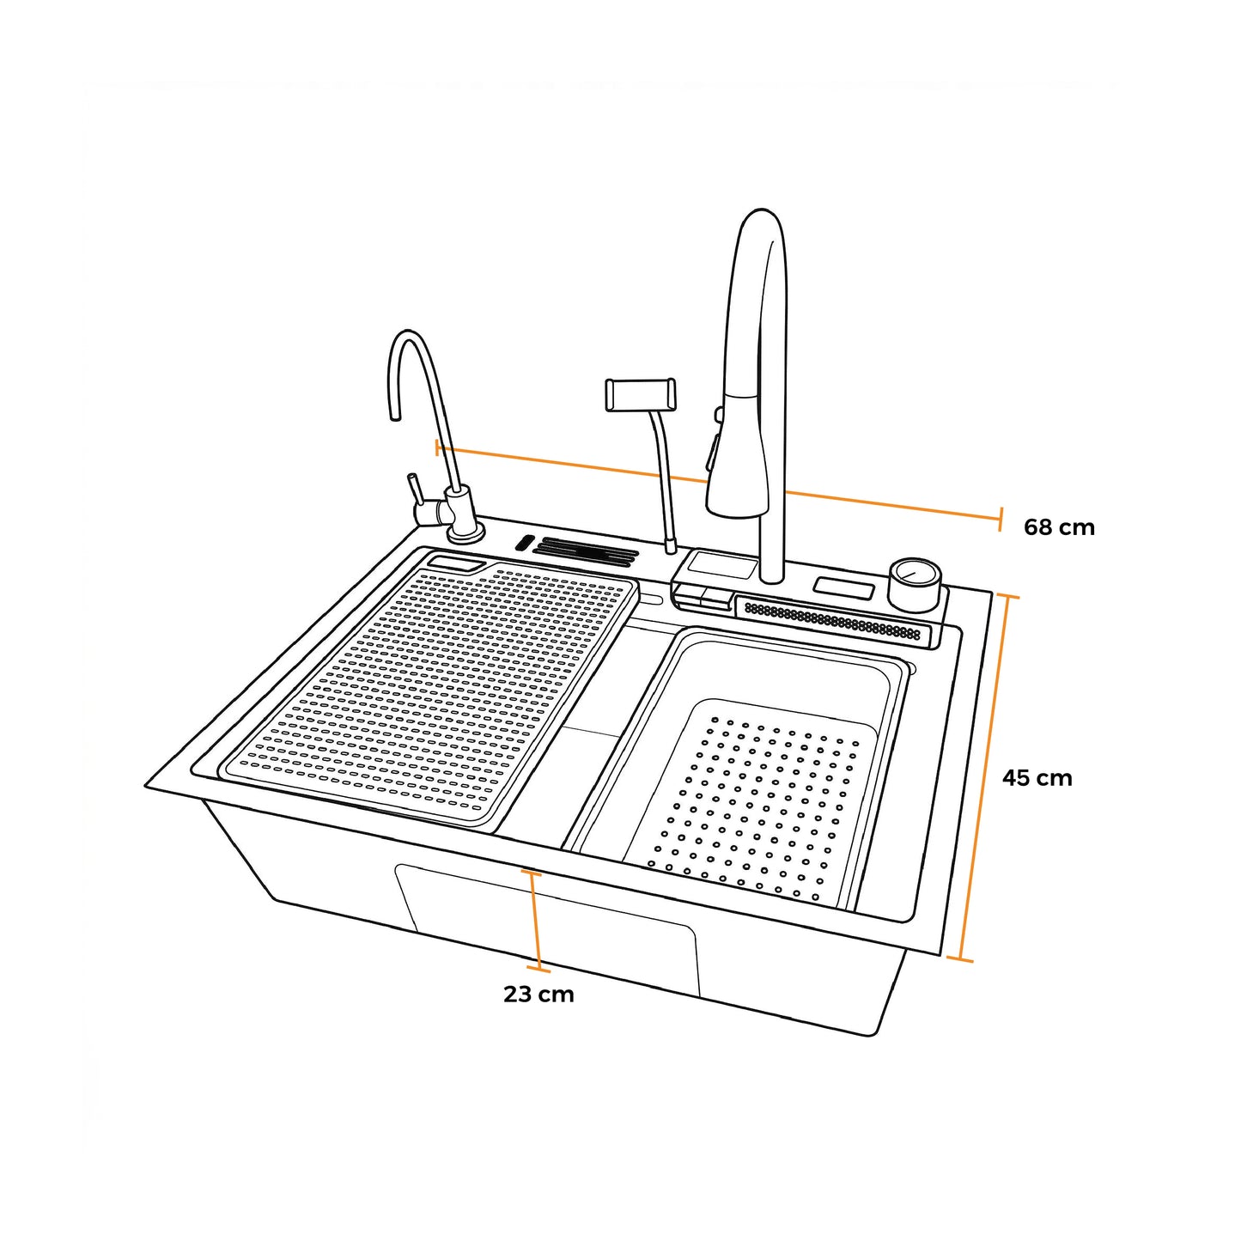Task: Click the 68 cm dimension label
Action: [1059, 527]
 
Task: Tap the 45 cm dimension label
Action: [1037, 778]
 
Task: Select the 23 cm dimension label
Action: [538, 995]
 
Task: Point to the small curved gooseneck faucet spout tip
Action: [394, 417]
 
